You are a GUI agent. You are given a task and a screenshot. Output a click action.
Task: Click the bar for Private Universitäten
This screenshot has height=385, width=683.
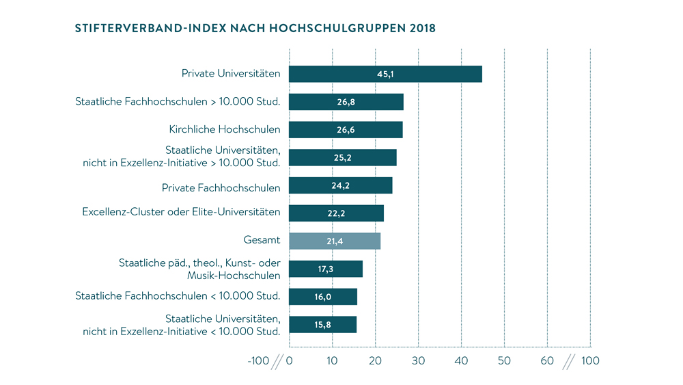pyautogui.click(x=385, y=74)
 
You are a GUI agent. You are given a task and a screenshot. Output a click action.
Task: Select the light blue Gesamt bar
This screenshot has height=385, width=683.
pyautogui.click(x=335, y=241)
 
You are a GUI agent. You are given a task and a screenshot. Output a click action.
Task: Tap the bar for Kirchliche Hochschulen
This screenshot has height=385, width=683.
pyautogui.click(x=346, y=129)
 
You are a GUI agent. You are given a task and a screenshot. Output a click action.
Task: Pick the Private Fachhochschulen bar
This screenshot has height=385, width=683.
pyautogui.click(x=341, y=185)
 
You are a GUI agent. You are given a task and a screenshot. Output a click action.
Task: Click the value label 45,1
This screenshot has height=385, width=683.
pyautogui.click(x=385, y=74)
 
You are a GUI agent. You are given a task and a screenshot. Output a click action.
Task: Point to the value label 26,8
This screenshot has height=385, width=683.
pyautogui.click(x=346, y=102)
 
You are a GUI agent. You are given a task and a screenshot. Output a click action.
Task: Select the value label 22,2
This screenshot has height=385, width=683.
pyautogui.click(x=336, y=213)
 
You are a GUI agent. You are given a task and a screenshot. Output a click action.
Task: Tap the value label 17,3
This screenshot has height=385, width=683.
pyautogui.click(x=326, y=269)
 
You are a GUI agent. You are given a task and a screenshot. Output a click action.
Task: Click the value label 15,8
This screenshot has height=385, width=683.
pyautogui.click(x=323, y=324)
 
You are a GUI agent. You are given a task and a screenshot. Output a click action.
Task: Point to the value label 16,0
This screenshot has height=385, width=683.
pyautogui.click(x=324, y=297)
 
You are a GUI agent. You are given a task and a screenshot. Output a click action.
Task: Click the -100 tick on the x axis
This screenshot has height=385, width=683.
pyautogui.click(x=258, y=361)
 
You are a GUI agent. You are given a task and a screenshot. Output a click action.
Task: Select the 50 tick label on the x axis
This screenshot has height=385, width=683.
pyautogui.click(x=504, y=361)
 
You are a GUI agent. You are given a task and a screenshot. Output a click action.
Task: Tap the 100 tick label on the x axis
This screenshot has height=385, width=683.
pyautogui.click(x=590, y=361)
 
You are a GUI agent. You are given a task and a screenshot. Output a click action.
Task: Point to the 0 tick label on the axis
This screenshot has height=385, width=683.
pyautogui.click(x=290, y=361)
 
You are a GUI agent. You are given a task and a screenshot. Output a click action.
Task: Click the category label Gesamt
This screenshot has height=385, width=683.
pyautogui.click(x=262, y=241)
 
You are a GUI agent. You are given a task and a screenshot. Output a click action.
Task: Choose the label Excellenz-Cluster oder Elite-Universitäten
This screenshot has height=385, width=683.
pyautogui.click(x=181, y=212)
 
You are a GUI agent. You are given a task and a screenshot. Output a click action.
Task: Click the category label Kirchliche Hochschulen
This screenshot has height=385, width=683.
pyautogui.click(x=225, y=129)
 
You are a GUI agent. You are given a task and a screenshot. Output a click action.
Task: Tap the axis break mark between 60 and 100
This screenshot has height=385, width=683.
pyautogui.click(x=568, y=361)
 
